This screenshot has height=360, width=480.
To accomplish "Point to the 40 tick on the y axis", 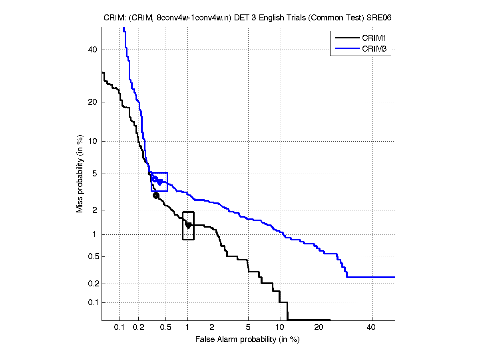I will tap(93, 50).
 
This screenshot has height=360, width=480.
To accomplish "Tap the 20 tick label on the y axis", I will tap(93, 102).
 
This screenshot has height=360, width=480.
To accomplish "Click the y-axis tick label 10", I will tap(93, 141).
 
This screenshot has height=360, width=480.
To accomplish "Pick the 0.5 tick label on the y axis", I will tap(92, 256).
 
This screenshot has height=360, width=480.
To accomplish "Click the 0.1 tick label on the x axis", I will tap(120, 328).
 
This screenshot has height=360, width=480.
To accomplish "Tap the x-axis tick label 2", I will tap(212, 328).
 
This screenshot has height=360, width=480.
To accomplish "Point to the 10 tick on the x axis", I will tap(280, 328).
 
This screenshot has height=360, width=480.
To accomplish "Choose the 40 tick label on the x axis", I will tap(372, 328).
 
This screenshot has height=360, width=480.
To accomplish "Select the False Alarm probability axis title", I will tap(247, 340).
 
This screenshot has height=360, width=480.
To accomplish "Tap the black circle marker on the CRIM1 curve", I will tap(156, 195).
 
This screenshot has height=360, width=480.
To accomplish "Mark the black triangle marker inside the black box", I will tap(188, 226).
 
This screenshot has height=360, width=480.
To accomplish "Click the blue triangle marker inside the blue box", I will tap(160, 182).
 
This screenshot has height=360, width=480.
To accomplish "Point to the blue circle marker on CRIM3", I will tap(155, 179).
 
